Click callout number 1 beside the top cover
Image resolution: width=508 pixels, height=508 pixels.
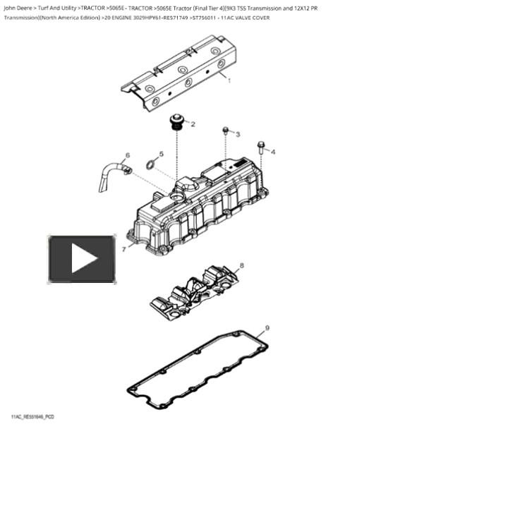[229, 81]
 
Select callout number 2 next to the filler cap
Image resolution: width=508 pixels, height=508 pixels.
[193, 124]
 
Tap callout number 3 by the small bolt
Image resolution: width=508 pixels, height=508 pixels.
[238, 134]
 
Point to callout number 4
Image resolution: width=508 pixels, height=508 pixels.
[273, 152]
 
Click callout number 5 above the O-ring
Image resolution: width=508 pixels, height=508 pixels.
[161, 154]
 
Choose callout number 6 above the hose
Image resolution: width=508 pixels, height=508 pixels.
[128, 155]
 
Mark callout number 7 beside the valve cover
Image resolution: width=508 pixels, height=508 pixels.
[124, 249]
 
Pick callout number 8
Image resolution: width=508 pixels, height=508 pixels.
[242, 266]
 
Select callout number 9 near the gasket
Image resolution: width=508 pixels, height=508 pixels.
[267, 328]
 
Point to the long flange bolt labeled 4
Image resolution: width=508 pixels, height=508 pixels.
[260, 147]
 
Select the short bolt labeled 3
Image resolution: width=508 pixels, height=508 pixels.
[225, 131]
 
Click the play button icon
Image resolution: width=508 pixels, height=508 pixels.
[82, 259]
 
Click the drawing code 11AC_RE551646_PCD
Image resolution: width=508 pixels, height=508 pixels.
[32, 417]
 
